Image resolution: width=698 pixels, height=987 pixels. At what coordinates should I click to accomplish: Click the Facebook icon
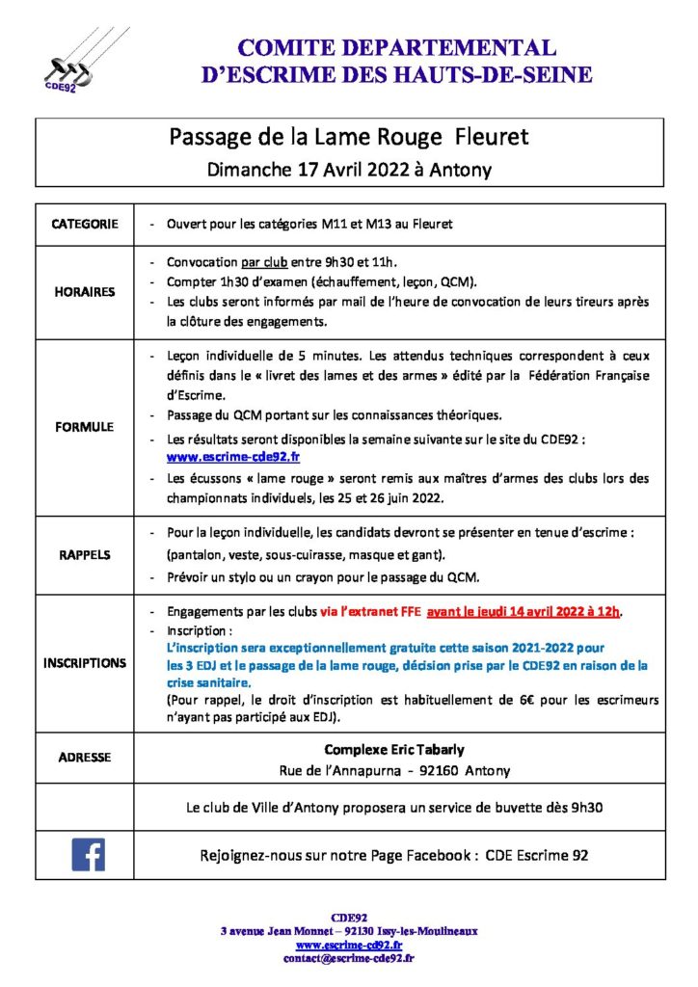point(88,854)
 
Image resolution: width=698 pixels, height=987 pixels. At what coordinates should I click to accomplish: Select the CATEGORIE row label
point(85,224)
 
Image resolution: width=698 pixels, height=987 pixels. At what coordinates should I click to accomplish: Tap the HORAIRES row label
point(85,292)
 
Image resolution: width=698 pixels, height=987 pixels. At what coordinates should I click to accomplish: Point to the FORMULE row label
point(85,426)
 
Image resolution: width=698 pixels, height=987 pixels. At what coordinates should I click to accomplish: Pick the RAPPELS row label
point(85,555)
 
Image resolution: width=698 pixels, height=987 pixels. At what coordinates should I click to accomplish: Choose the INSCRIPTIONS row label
point(85,663)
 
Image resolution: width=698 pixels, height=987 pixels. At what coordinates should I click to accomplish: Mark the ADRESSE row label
point(85,758)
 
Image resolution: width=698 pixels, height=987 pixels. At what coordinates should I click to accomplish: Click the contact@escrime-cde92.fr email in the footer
point(348,958)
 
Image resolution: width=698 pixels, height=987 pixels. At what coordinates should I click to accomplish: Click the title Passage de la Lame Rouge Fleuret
point(349,138)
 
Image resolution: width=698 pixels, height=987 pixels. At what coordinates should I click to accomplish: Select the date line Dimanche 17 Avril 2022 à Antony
point(349,170)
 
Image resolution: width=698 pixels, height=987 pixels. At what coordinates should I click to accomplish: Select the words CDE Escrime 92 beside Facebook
point(537,855)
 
